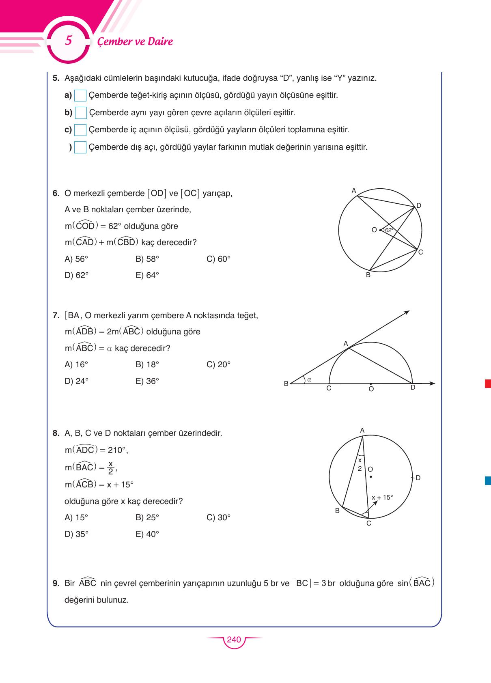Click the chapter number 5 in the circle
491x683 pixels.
point(69,41)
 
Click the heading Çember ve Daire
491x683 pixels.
point(135,41)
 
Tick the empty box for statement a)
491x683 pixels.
point(80,96)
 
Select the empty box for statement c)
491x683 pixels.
point(80,130)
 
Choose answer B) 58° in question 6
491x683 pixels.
point(147,259)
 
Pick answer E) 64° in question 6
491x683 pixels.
point(147,276)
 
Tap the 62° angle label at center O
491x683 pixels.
point(389,230)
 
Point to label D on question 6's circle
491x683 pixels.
point(419,206)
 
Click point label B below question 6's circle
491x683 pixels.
point(368,275)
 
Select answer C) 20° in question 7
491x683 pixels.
point(218,364)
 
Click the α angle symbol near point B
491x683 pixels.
point(309,380)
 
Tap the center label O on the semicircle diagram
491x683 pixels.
point(371,389)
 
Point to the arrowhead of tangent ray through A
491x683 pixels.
point(407,312)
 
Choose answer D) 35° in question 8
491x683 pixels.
point(76,534)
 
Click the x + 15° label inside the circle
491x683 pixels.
point(382,498)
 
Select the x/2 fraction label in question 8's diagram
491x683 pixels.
point(360,464)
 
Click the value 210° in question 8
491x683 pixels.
point(118,450)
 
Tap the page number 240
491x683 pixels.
point(234,640)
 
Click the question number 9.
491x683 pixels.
point(56,584)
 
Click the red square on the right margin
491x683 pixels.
point(488,384)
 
